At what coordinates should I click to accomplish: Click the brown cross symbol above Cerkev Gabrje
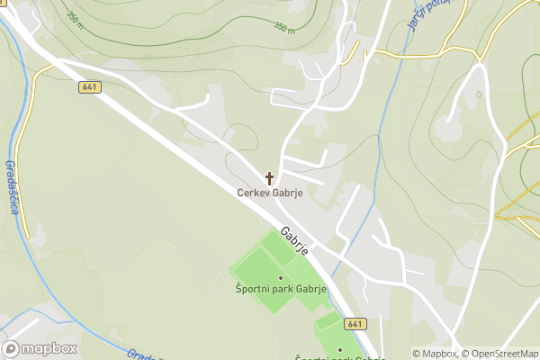click(x=269, y=178)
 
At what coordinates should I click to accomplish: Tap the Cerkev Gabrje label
click(x=269, y=193)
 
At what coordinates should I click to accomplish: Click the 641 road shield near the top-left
click(x=89, y=87)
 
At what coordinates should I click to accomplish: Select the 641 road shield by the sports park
click(x=355, y=324)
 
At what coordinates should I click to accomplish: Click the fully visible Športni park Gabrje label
click(x=280, y=289)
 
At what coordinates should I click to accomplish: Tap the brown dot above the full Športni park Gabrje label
click(x=280, y=277)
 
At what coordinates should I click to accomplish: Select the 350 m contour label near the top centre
click(x=284, y=29)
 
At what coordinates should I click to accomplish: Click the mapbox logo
click(x=40, y=348)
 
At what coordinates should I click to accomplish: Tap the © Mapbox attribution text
click(x=436, y=354)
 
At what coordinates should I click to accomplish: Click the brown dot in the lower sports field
click(x=340, y=349)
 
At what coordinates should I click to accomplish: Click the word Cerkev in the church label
click(x=252, y=193)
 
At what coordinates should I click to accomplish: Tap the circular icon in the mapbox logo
click(x=12, y=348)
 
